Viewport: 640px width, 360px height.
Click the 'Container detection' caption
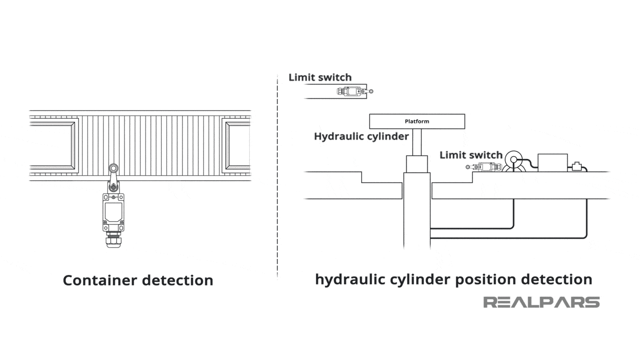click(x=138, y=280)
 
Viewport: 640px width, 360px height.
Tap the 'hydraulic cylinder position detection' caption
click(x=453, y=279)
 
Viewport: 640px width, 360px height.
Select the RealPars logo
click(x=541, y=302)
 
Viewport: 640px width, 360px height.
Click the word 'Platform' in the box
click(x=417, y=121)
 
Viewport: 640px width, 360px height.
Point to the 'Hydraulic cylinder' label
click(x=361, y=136)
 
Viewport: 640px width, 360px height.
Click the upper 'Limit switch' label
click(x=320, y=77)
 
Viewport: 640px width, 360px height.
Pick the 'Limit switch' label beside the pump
click(x=471, y=155)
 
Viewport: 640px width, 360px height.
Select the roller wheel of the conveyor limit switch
click(x=113, y=168)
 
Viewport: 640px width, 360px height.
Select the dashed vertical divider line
click(x=278, y=178)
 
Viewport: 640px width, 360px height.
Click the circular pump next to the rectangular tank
click(x=513, y=159)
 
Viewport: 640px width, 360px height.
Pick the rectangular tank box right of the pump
click(x=553, y=163)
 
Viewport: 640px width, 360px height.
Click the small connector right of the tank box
click(x=576, y=167)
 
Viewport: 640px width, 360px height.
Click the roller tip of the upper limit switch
click(x=371, y=91)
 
